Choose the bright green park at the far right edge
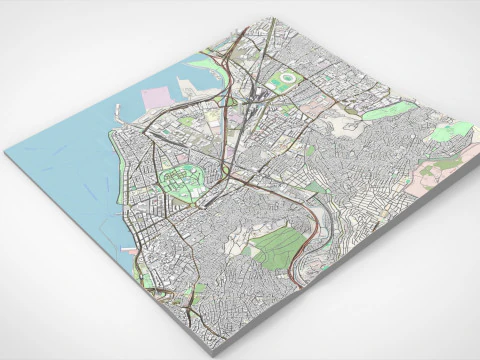click(453, 130)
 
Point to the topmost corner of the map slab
click(273, 17)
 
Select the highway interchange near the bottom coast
click(188, 295)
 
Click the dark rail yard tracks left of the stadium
click(258, 95)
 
